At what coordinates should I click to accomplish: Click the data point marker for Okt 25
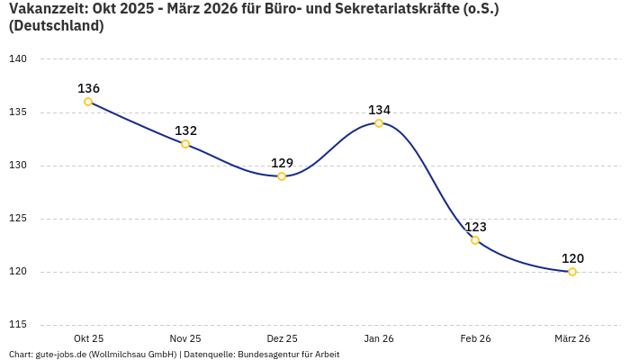click(x=88, y=102)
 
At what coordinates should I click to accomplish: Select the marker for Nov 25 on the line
click(x=185, y=144)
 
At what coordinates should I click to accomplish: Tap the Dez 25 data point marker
click(x=282, y=176)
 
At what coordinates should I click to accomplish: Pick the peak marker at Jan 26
click(x=379, y=123)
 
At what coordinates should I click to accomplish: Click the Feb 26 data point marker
click(x=475, y=240)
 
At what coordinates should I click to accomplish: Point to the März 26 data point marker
click(x=572, y=272)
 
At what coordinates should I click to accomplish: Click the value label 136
click(x=88, y=88)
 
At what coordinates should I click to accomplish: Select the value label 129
click(x=282, y=163)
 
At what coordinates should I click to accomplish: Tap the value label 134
click(x=379, y=110)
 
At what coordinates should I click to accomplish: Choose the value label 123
click(x=475, y=227)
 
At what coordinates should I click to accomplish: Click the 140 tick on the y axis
click(x=18, y=59)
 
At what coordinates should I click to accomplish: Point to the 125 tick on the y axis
click(x=18, y=219)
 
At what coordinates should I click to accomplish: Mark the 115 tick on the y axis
click(x=18, y=325)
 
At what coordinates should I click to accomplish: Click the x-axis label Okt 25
click(x=88, y=338)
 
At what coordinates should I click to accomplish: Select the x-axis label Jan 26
click(x=379, y=338)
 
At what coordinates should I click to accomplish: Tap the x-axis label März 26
click(x=572, y=338)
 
